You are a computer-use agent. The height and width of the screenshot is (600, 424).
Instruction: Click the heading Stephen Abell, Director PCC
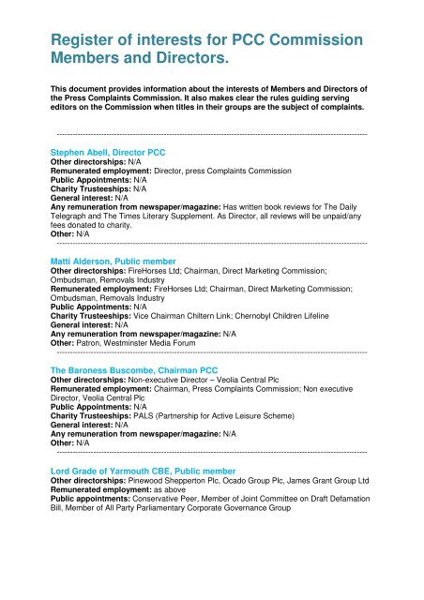[x=109, y=152]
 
